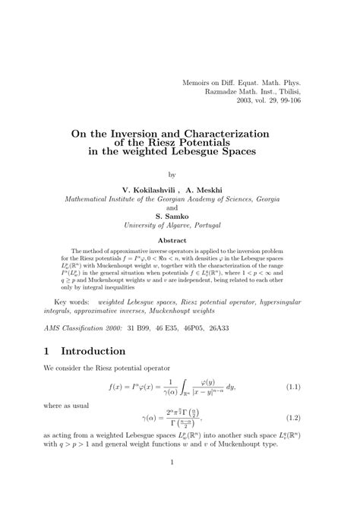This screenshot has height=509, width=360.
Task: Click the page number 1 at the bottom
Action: click(x=172, y=484)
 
